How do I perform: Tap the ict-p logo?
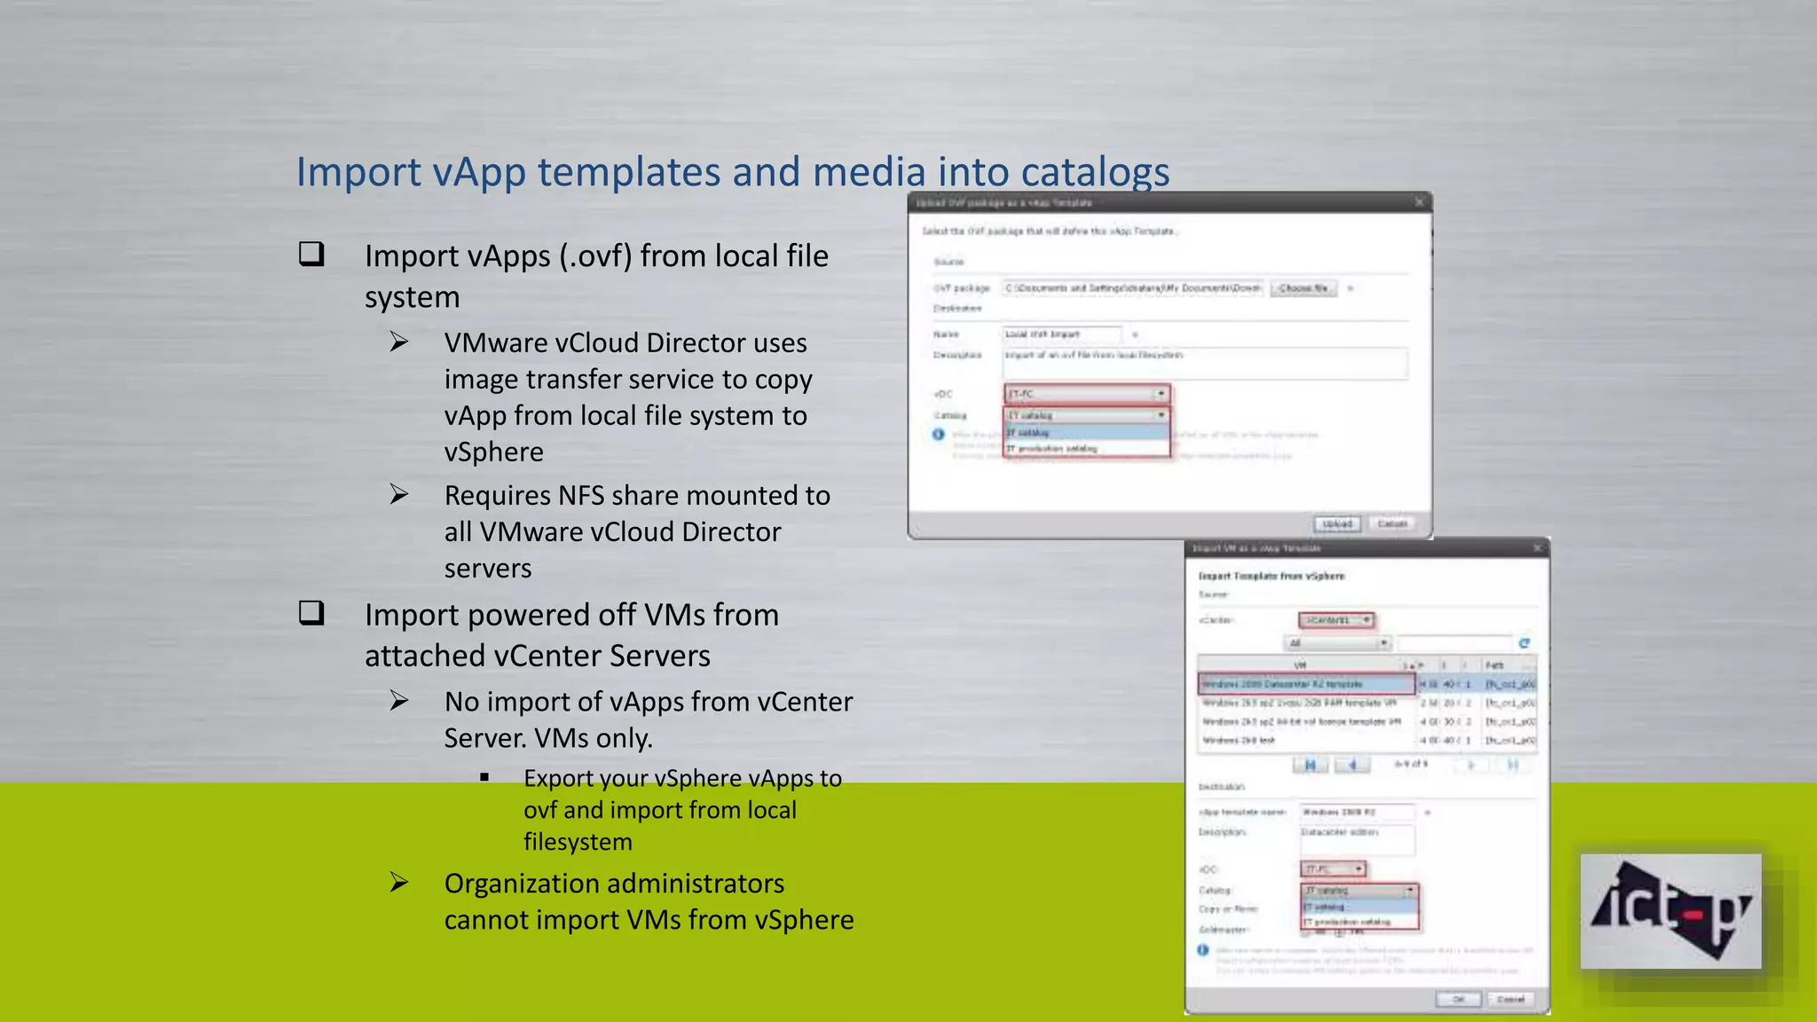(1671, 911)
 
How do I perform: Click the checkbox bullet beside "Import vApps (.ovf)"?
(311, 255)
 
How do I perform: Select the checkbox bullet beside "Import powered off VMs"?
(311, 613)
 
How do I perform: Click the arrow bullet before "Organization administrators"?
(399, 882)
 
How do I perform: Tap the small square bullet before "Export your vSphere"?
(484, 778)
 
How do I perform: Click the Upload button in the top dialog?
(1337, 523)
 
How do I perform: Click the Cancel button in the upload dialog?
(1392, 523)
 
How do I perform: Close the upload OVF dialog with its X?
(1419, 202)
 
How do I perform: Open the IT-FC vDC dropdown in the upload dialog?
(1087, 393)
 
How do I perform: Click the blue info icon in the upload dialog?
(938, 434)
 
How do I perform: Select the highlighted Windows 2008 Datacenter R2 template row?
(1306, 684)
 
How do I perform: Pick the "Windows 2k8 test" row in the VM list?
(1239, 740)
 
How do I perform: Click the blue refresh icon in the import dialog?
(1524, 643)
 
